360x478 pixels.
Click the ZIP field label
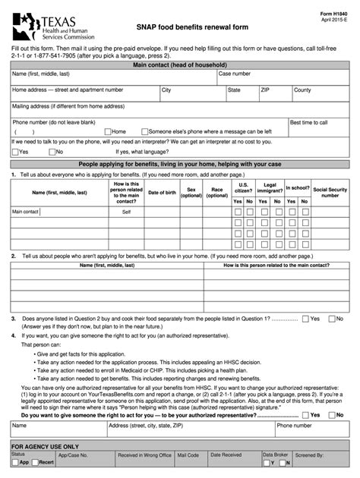click(x=265, y=90)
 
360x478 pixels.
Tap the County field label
click(x=302, y=90)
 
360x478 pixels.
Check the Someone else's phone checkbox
click(x=144, y=131)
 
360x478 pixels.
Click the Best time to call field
click(x=318, y=127)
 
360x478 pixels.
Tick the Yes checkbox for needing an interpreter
click(x=15, y=152)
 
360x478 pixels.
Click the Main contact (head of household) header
click(x=179, y=66)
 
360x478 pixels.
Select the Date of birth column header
click(x=162, y=193)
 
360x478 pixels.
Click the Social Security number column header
click(x=330, y=193)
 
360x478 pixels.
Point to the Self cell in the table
click(x=126, y=212)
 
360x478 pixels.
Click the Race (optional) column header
click(x=217, y=193)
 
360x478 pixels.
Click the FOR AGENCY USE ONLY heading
click(x=45, y=448)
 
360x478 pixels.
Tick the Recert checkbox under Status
click(x=34, y=462)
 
